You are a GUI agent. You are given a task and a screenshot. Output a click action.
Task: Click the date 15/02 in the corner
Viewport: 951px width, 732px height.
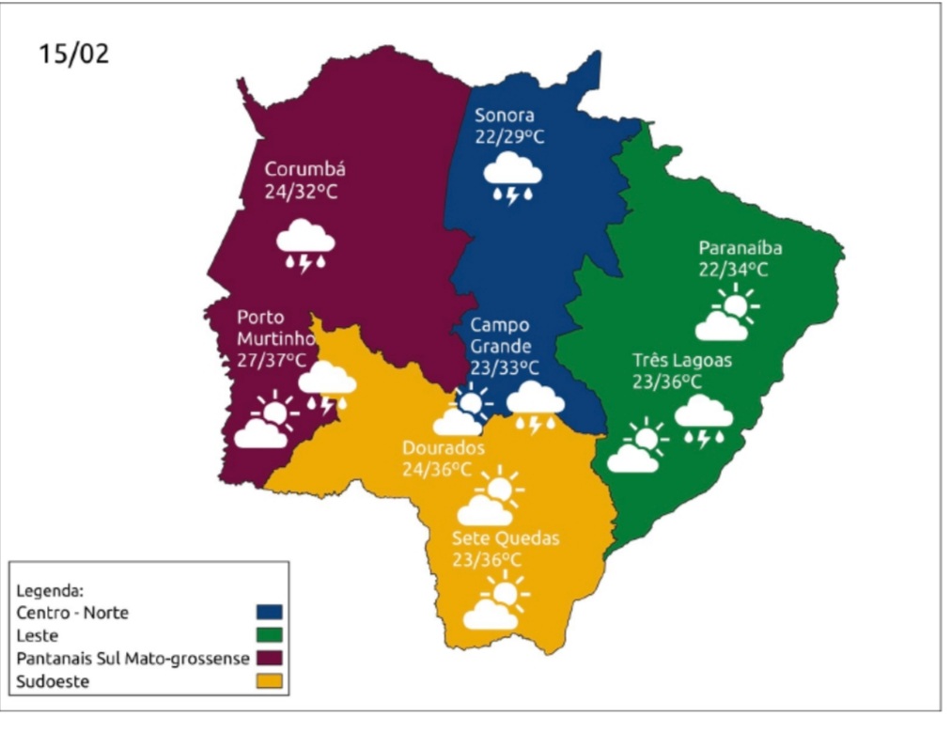73,54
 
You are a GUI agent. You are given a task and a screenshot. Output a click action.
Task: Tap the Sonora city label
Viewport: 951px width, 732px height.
504,116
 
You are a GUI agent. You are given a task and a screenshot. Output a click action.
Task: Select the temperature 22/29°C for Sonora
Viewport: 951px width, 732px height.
509,137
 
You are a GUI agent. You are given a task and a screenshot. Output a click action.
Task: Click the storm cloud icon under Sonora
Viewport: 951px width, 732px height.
512,179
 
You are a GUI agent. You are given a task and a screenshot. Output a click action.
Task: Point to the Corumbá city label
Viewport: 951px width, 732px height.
305,170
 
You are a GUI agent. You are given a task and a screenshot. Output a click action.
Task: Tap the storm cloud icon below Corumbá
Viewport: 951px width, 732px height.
305,245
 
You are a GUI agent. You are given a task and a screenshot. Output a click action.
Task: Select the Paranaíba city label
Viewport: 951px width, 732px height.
741,248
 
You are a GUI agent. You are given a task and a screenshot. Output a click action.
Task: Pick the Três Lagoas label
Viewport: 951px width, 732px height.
681,360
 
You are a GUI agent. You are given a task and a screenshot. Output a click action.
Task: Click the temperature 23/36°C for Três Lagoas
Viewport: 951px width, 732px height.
667,382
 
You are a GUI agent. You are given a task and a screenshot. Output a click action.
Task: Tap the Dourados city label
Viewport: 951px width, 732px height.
444,447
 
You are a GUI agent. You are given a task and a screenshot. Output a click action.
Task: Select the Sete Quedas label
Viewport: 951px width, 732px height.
505,538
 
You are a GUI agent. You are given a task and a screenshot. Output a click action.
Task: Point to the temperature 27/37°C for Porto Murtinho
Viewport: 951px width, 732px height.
272,360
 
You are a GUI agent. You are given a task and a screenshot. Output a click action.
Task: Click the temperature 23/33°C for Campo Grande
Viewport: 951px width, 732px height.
505,368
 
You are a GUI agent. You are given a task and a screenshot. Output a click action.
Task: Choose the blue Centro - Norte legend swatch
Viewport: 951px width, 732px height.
270,613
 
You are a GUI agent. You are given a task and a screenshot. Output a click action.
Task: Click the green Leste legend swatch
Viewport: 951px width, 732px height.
270,635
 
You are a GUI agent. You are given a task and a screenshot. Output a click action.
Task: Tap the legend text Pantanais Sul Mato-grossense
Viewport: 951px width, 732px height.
133,659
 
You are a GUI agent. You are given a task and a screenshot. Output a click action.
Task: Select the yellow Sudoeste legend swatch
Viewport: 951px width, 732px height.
270,681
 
